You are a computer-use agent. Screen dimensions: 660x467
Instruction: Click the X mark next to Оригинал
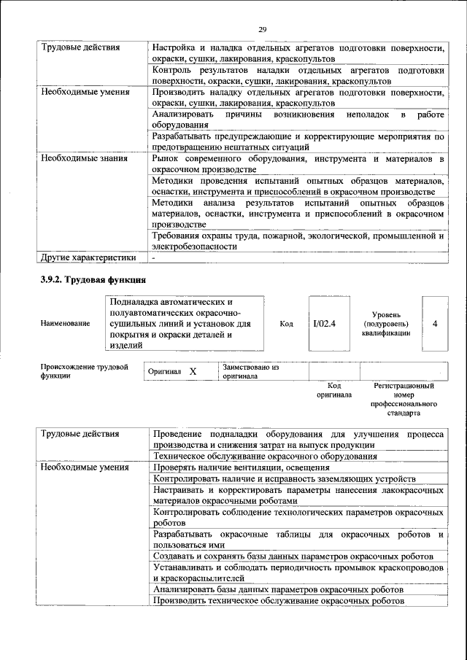[x=193, y=371]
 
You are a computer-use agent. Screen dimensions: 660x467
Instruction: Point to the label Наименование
[x=66, y=323]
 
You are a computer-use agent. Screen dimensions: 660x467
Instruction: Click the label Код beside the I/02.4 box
[x=286, y=323]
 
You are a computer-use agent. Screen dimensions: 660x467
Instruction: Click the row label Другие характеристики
[x=88, y=257]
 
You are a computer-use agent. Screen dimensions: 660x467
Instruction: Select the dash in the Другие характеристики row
[x=153, y=257]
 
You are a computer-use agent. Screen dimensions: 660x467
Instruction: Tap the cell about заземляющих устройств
[x=285, y=478]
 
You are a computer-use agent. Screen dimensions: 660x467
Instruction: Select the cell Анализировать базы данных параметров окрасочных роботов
[x=278, y=589]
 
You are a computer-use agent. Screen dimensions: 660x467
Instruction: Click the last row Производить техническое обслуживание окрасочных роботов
[x=278, y=600]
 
